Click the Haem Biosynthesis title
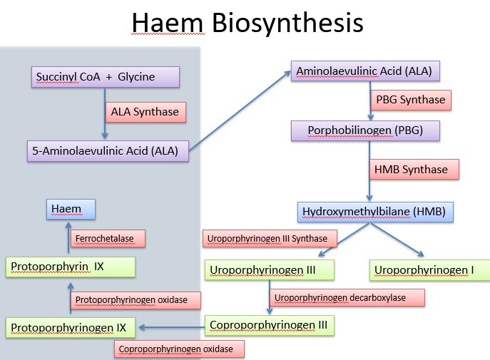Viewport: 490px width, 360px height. [247, 23]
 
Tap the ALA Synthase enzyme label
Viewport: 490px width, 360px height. [145, 112]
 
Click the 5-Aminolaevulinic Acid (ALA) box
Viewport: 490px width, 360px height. [104, 150]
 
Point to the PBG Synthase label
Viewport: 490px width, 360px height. [412, 99]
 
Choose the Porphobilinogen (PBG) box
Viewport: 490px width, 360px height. [364, 131]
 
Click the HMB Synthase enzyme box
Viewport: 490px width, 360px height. [412, 169]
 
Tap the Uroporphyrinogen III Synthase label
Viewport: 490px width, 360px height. [266, 238]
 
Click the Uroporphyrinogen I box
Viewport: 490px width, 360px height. [429, 269]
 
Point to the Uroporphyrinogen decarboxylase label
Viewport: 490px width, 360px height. [347, 297]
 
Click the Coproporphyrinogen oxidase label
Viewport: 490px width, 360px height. [178, 349]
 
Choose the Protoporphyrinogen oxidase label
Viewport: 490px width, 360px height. [136, 300]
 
